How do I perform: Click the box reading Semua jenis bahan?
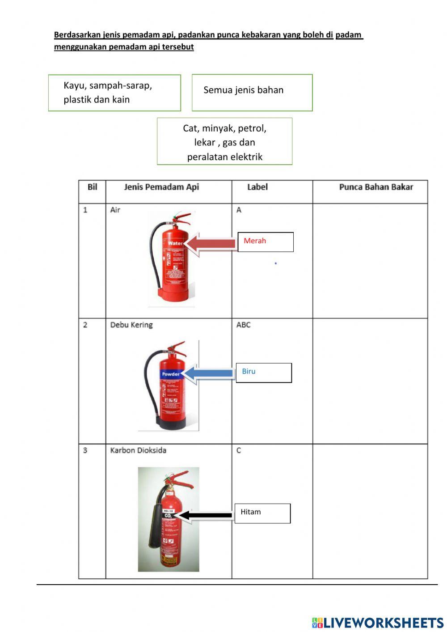[252, 93]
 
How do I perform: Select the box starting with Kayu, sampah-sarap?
[114, 93]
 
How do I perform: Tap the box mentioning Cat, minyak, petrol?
[224, 142]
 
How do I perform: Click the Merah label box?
[266, 242]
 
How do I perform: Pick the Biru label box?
[264, 373]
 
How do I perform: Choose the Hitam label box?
[262, 513]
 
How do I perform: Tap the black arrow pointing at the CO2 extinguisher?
[206, 515]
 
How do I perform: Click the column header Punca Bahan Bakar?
[376, 187]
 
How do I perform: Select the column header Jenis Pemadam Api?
[161, 187]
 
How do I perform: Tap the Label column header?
[257, 187]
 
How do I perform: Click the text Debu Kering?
[131, 325]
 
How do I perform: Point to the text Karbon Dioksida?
[138, 450]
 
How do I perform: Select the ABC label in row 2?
[244, 325]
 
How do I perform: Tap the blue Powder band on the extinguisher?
[171, 374]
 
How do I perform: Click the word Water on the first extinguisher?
[175, 244]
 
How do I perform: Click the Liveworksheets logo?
[378, 623]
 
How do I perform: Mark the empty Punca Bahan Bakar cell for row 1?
[370, 261]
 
